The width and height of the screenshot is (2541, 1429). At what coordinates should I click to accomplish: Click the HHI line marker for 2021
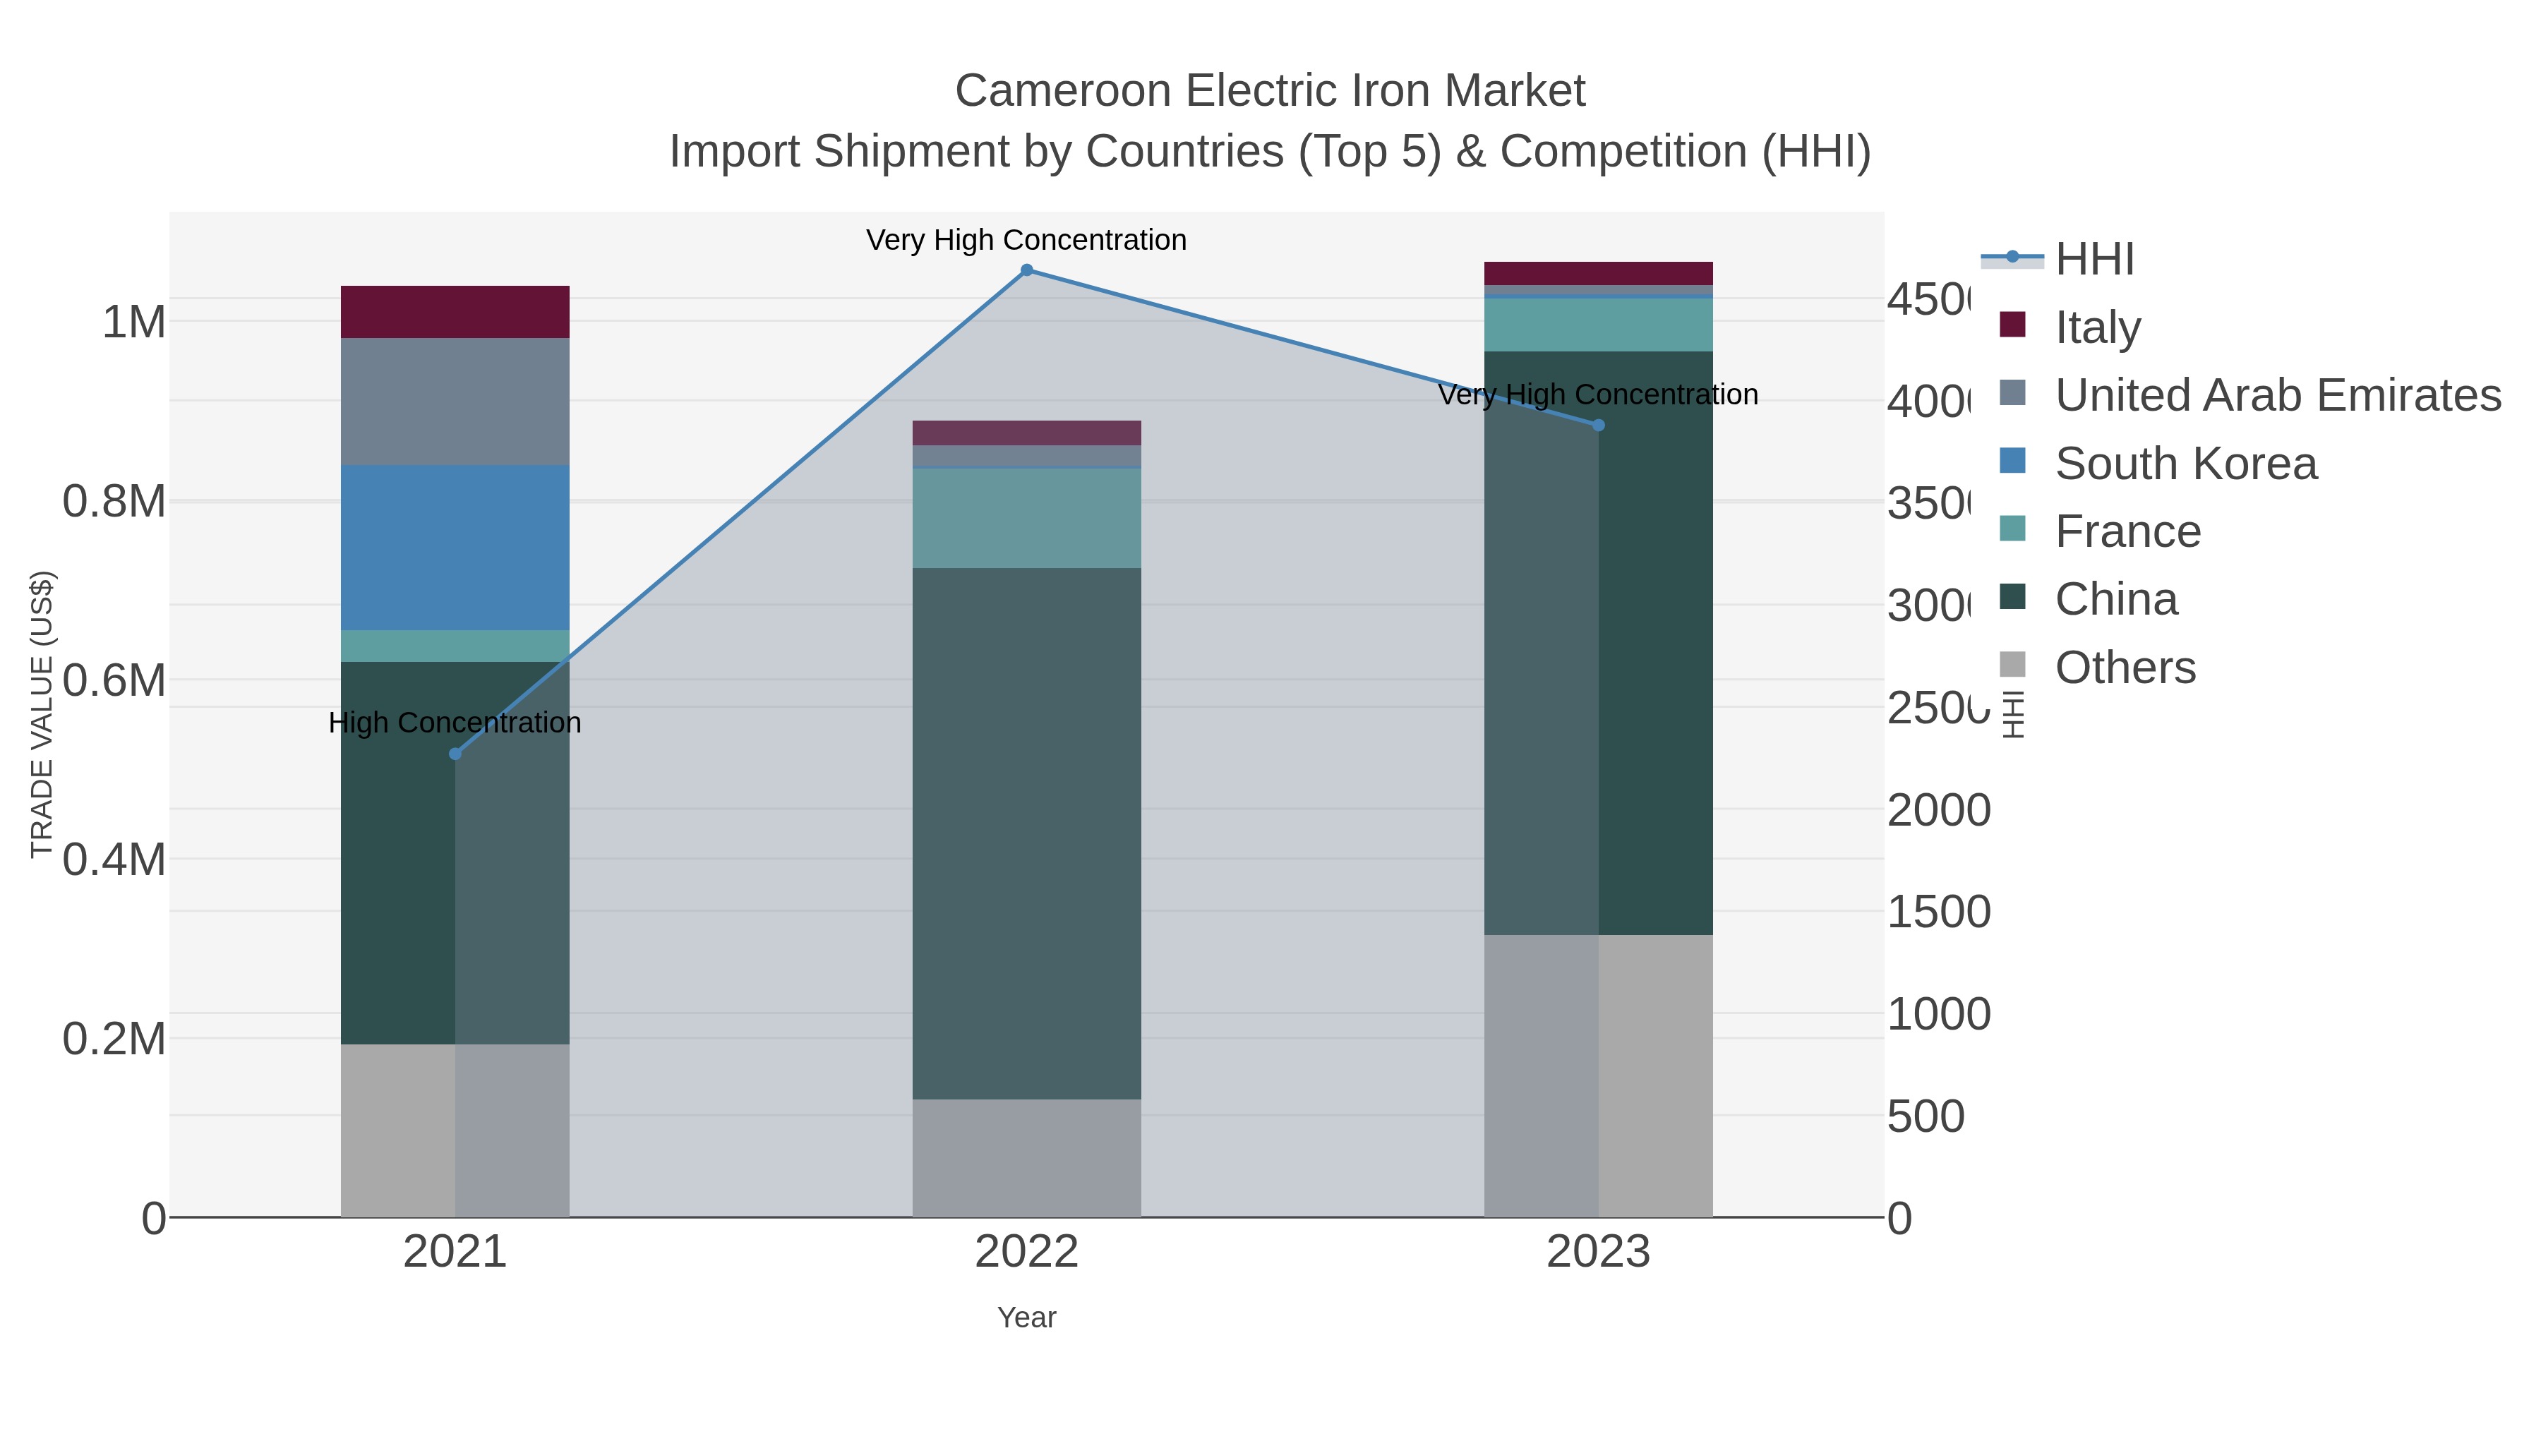[455, 754]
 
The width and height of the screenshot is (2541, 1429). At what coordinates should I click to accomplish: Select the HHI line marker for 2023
[1599, 425]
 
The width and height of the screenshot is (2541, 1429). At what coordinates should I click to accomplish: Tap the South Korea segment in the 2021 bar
[455, 548]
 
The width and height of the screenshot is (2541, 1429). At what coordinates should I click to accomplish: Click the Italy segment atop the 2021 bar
[455, 312]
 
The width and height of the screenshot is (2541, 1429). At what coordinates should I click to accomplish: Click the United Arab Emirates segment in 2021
[455, 402]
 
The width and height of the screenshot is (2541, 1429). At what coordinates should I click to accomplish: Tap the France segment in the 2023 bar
[1598, 325]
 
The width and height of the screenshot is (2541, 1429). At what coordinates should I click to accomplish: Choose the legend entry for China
[2116, 600]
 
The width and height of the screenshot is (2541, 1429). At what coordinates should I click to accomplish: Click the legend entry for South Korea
[2185, 464]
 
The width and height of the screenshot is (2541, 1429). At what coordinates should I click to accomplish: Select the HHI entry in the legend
[2094, 260]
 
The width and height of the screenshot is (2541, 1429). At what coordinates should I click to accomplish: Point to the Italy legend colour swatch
[2012, 325]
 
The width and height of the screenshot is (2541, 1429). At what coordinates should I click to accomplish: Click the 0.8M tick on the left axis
[114, 502]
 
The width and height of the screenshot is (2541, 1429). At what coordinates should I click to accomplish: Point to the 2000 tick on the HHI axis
[1938, 811]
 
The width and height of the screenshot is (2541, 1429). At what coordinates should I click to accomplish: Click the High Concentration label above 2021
[455, 723]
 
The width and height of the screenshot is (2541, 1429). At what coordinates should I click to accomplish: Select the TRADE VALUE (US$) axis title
[42, 714]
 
